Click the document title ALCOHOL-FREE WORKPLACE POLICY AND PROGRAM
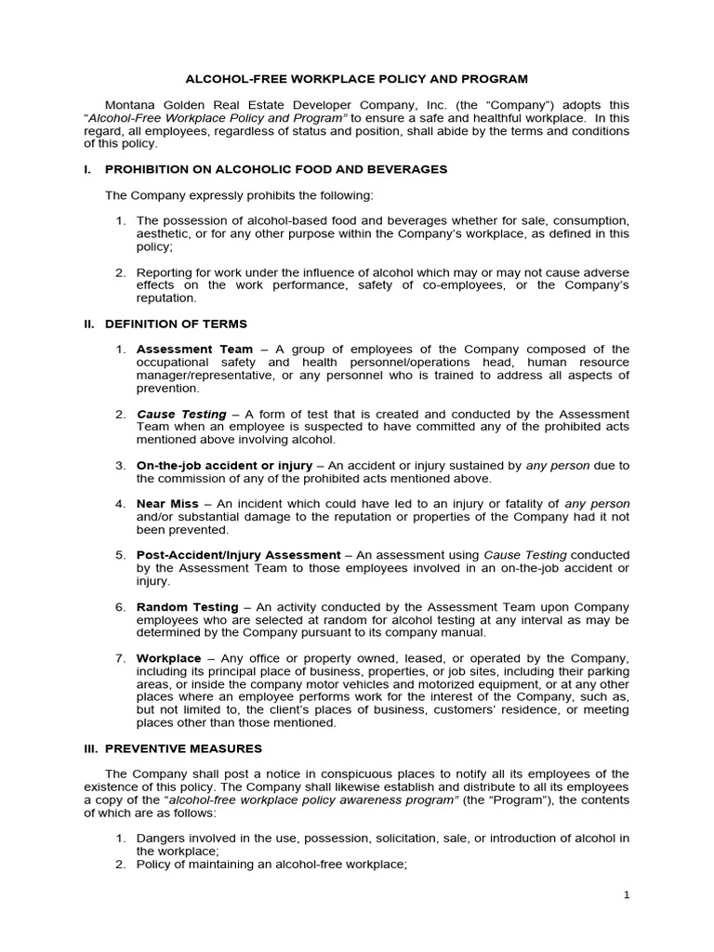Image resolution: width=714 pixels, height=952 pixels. [356, 79]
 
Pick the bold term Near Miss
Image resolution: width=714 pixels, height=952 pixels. [167, 503]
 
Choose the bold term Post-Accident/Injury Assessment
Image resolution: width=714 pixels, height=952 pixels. [237, 554]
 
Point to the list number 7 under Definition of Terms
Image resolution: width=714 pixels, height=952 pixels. [120, 657]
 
